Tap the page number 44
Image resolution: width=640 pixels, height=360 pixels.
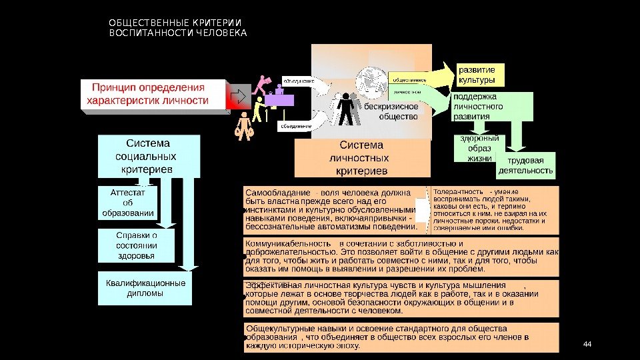pyautogui.click(x=587, y=344)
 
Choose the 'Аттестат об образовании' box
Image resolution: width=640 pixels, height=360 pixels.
pyautogui.click(x=128, y=203)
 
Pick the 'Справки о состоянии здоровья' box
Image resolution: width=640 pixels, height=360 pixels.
pyautogui.click(x=136, y=245)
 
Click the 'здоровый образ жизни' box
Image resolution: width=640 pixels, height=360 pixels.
pyautogui.click(x=479, y=149)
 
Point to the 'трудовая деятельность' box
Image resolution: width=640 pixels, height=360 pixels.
pyautogui.click(x=526, y=165)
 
